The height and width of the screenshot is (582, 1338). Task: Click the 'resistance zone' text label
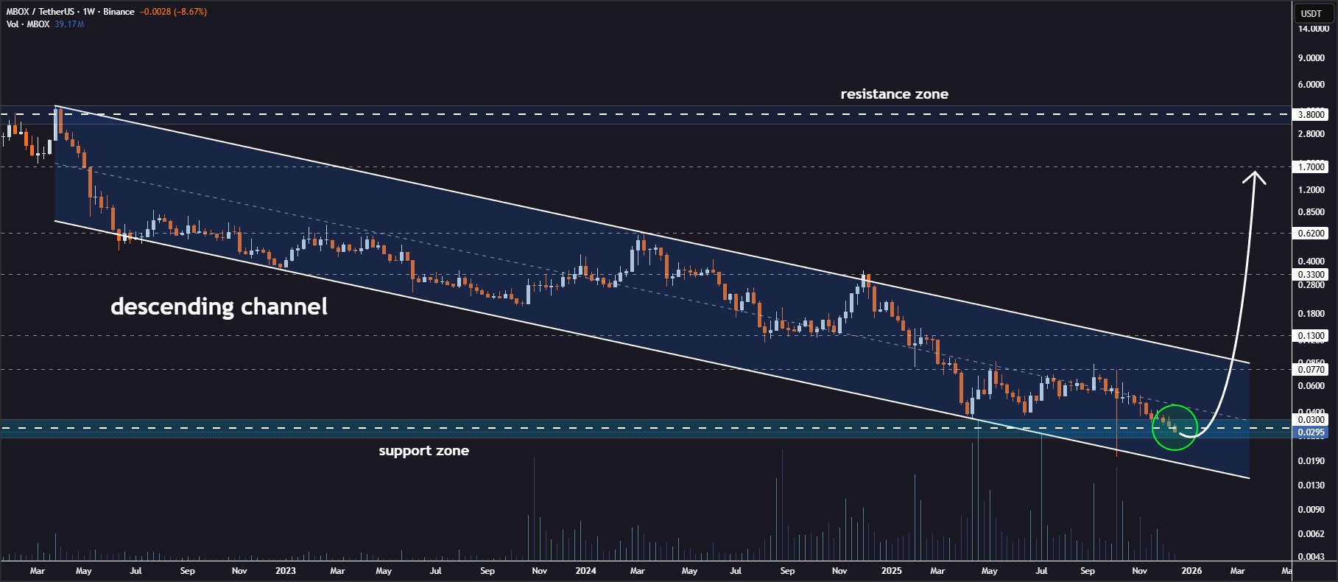(x=894, y=94)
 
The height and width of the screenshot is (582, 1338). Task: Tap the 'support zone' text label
(x=423, y=451)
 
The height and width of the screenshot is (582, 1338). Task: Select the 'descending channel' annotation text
(x=219, y=306)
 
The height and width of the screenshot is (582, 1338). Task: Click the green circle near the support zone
(x=1175, y=427)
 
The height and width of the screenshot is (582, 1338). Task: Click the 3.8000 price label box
(x=1311, y=114)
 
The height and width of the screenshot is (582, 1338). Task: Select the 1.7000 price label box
(x=1311, y=166)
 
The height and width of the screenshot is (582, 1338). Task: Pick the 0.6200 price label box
(x=1311, y=233)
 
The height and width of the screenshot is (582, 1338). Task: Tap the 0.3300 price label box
(x=1311, y=274)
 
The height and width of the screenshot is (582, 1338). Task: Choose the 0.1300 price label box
(x=1311, y=335)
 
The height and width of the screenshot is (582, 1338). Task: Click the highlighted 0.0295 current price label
(x=1311, y=432)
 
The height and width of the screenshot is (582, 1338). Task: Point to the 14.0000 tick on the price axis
(x=1313, y=29)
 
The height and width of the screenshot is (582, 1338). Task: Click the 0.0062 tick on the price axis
(x=1311, y=533)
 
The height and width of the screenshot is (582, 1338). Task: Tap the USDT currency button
(x=1311, y=13)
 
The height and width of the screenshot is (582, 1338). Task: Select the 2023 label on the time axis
(x=286, y=570)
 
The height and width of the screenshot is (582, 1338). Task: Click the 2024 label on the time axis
(x=585, y=570)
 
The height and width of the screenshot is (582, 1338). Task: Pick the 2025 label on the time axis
(x=891, y=570)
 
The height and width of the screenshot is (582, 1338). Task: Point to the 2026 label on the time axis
(x=1191, y=570)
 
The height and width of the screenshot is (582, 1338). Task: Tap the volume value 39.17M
(x=69, y=24)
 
